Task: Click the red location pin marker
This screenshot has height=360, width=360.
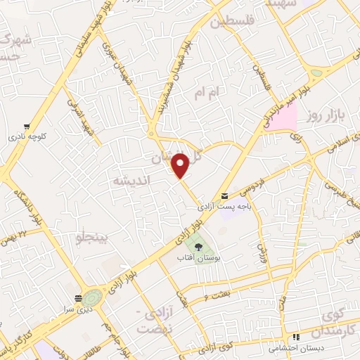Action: click(x=181, y=165)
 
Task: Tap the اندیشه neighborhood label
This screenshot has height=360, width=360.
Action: click(x=129, y=181)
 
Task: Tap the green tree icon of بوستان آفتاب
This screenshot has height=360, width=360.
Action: click(x=198, y=247)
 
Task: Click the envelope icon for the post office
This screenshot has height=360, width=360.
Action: click(x=224, y=195)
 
